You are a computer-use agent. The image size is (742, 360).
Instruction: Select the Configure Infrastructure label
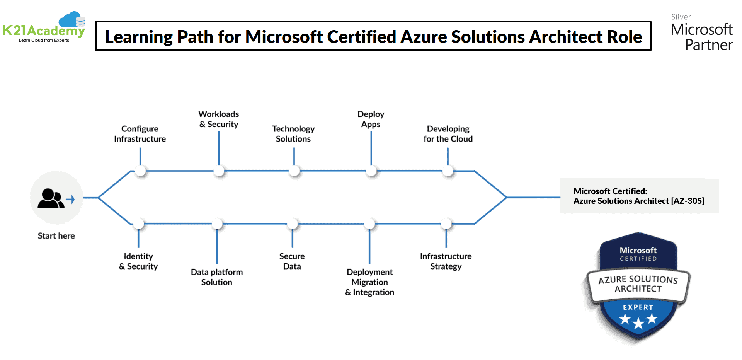140,134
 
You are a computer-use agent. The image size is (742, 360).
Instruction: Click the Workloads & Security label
219,119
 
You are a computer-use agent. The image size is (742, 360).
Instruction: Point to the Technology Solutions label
293,134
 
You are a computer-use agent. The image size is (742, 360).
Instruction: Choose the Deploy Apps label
371,119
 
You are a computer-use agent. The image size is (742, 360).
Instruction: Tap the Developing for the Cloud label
448,134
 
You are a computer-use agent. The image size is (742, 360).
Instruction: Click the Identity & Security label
138,261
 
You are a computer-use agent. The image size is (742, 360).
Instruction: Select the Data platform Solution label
217,277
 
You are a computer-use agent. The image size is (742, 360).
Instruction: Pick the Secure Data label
292,261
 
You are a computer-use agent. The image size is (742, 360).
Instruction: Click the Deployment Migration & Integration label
370,282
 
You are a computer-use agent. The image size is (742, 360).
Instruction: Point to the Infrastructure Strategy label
446,261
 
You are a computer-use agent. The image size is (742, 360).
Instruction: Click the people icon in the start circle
51,199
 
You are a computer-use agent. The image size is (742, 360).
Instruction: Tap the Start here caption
56,236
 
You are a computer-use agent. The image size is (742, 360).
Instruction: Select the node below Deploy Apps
371,171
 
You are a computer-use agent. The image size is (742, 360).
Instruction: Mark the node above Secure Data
293,224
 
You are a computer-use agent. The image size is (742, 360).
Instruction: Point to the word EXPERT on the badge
638,307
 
